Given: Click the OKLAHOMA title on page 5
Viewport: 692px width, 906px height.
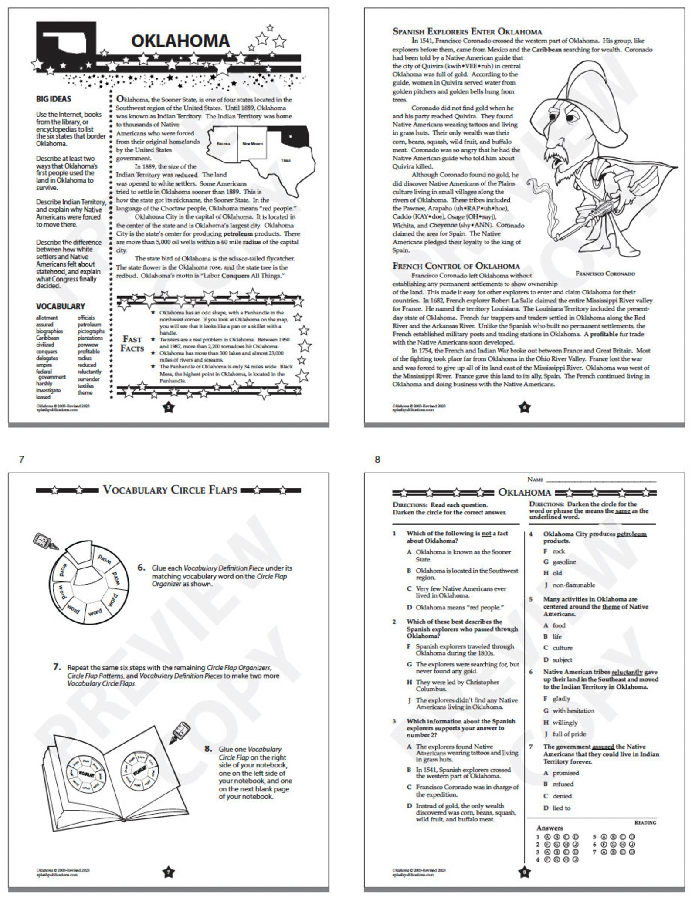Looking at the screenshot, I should pyautogui.click(x=180, y=41).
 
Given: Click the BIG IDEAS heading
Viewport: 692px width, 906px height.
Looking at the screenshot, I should pyautogui.click(x=54, y=99).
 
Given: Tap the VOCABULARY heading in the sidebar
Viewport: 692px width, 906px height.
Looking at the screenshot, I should pyautogui.click(x=60, y=306).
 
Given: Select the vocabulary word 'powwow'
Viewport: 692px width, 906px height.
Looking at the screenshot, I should pyautogui.click(x=88, y=345).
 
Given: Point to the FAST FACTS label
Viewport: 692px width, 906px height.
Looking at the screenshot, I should pyautogui.click(x=132, y=344).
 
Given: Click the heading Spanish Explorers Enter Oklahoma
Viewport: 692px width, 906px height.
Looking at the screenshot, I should pyautogui.click(x=467, y=31).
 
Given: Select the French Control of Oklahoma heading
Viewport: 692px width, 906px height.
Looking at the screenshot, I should pyautogui.click(x=456, y=266).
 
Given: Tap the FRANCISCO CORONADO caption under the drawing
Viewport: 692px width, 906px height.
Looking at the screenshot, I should pyautogui.click(x=605, y=274).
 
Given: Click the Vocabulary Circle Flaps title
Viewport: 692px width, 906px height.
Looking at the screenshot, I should pyautogui.click(x=170, y=490).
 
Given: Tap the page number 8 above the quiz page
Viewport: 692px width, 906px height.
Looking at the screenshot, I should pyautogui.click(x=377, y=459).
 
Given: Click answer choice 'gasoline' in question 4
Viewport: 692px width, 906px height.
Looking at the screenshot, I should pyautogui.click(x=564, y=562).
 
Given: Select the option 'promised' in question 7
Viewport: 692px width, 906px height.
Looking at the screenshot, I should pyautogui.click(x=566, y=773).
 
